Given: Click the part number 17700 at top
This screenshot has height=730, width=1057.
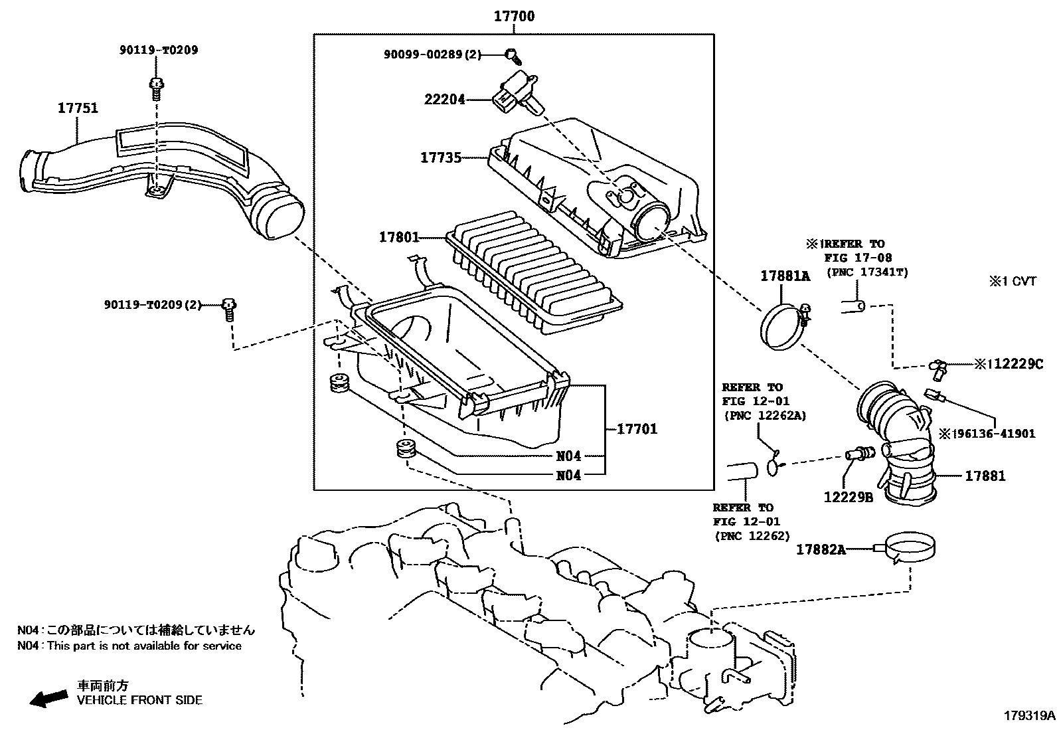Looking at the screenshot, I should point(514,16).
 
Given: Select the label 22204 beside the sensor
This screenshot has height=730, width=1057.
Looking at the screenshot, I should point(444,100).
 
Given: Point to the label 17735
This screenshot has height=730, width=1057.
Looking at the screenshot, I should point(440,157).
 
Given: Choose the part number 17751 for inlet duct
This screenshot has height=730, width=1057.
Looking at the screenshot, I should point(78,108).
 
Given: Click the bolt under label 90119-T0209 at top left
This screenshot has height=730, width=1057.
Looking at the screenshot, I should point(157,87).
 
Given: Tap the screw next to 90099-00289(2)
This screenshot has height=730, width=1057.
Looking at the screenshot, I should point(511,54).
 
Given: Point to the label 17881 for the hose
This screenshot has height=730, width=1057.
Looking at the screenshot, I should point(985,476).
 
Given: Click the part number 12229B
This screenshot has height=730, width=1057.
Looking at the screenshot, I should point(849,496).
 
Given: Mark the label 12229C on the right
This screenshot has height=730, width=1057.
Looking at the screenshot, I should point(1009,364).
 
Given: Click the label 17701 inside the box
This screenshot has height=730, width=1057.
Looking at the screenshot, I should point(637,429).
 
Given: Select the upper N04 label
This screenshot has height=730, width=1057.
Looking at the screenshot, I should point(568,456).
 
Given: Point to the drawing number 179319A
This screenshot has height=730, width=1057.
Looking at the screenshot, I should point(1028,716).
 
